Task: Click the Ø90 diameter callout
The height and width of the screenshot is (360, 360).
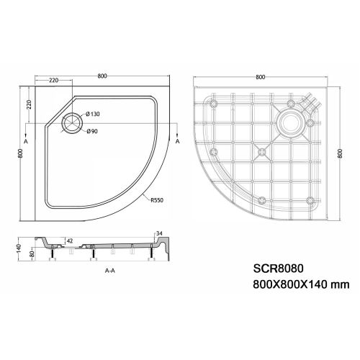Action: click(92, 130)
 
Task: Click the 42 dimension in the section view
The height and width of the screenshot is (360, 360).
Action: click(69, 240)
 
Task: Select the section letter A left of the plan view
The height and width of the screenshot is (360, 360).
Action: click(26, 143)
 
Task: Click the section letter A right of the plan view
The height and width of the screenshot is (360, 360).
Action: click(177, 143)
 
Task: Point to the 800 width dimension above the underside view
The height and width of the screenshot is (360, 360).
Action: click(259, 76)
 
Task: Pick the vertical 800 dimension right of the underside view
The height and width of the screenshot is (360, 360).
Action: click(339, 153)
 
